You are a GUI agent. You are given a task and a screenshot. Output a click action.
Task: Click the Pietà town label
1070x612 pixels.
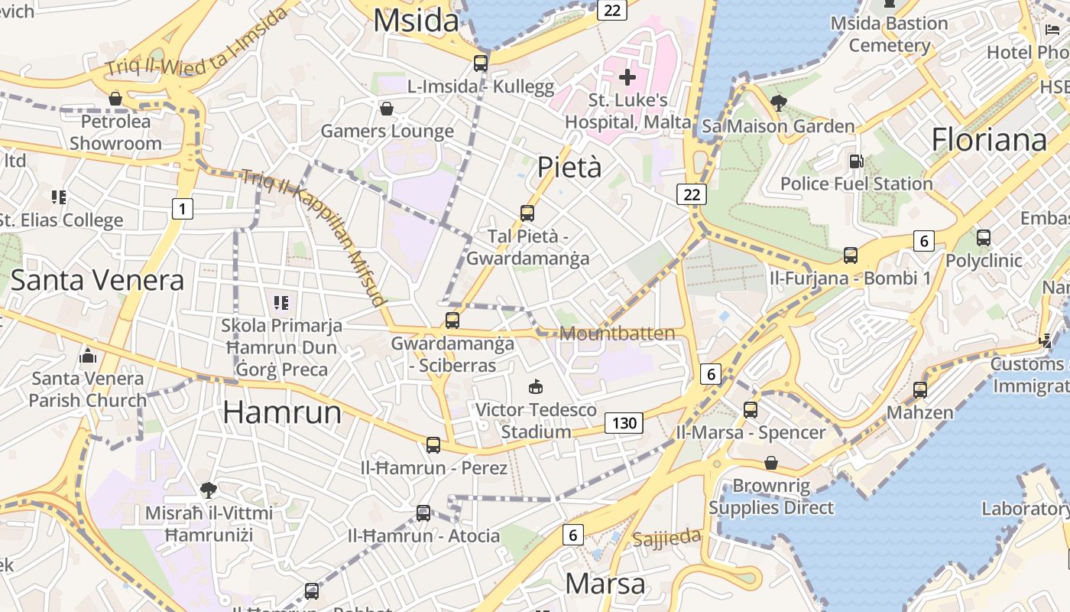569,167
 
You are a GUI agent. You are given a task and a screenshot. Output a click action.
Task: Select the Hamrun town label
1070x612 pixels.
282,412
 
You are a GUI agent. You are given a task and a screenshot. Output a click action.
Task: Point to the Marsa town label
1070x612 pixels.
605,584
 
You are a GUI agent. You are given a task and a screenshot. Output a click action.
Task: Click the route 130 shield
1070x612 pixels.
624,423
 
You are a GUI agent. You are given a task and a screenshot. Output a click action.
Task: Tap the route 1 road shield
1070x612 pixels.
182,208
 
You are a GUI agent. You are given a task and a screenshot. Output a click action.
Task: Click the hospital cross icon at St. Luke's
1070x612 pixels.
627,77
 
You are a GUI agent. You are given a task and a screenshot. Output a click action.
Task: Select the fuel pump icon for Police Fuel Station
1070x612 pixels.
856,161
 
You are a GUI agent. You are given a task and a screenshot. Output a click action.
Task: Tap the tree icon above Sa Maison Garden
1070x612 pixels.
779,103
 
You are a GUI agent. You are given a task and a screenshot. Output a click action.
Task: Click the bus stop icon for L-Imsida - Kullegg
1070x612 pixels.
481,63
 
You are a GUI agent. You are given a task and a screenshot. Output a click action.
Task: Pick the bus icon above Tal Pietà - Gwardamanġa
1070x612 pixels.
527,213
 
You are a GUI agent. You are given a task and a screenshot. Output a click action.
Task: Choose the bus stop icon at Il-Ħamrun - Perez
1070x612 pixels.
433,444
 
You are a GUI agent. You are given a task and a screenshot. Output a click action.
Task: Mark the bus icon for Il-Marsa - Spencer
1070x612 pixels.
751,409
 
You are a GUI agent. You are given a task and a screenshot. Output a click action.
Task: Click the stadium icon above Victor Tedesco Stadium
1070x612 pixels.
536,387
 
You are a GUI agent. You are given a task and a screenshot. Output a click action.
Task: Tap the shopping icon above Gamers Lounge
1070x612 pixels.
387,109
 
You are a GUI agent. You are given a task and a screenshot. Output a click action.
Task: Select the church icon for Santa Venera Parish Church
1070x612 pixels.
88,356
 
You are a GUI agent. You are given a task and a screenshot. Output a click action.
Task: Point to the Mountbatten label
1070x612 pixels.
618,334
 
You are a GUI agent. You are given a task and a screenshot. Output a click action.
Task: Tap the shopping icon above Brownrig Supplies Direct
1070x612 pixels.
771,463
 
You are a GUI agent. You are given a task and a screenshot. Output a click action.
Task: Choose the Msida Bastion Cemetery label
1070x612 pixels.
889,34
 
